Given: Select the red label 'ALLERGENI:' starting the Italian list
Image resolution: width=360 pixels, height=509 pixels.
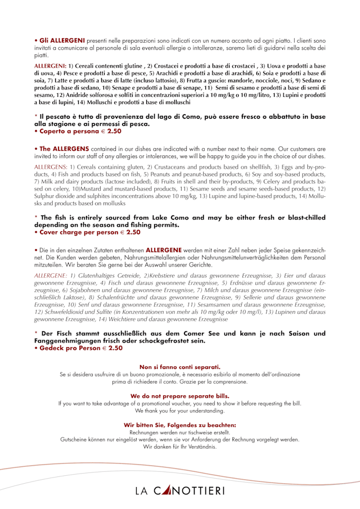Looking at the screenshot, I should click(x=51, y=66).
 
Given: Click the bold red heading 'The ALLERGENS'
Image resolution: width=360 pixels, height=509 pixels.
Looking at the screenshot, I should click(x=64, y=148).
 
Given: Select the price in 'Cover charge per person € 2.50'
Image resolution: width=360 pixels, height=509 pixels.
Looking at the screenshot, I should click(x=129, y=232).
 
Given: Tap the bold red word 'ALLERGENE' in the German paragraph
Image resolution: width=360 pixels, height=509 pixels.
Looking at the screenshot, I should click(x=163, y=249).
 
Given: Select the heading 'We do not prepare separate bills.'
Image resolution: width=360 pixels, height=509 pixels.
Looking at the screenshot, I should click(x=180, y=396).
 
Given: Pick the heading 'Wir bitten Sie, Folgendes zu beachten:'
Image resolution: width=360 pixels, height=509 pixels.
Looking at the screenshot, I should click(x=180, y=425).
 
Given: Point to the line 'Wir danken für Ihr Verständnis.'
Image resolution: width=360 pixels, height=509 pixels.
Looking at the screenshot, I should click(x=180, y=447).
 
